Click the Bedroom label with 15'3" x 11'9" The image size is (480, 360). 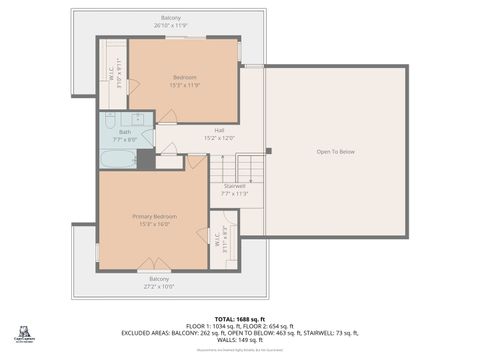[x=184, y=78]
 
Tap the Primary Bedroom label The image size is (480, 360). [x=154, y=216]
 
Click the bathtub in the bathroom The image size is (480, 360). [x=118, y=158]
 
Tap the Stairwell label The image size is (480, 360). [x=233, y=186]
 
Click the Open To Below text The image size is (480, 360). [x=336, y=152]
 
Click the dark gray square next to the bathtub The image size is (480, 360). [x=146, y=158]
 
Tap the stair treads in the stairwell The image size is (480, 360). [x=252, y=166]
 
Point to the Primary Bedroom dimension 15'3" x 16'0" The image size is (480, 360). [x=154, y=224]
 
